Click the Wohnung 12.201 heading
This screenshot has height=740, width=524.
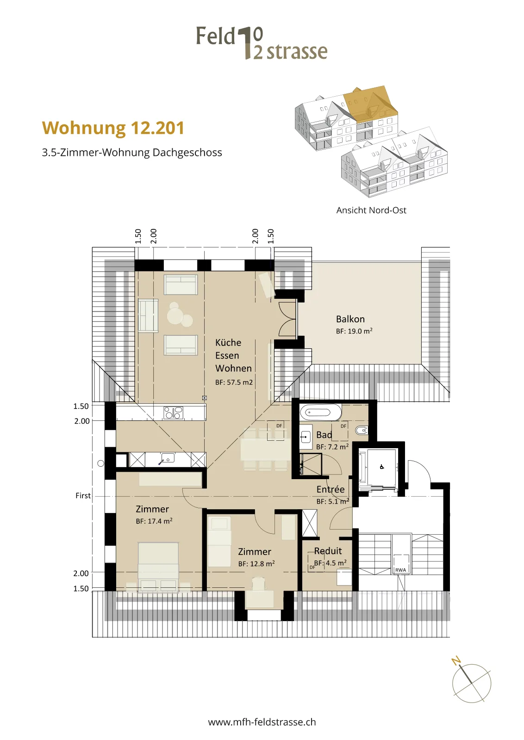point(113,128)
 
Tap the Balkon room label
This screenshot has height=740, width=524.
point(350,319)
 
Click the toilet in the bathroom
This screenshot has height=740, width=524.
point(362,430)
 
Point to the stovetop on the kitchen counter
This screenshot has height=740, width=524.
point(173,413)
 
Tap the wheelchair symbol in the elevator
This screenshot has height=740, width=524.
point(381,467)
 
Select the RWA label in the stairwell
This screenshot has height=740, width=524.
point(400,570)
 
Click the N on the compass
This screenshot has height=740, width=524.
point(456,661)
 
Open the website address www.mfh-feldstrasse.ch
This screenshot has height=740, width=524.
point(262,722)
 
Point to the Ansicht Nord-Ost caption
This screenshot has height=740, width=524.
point(371,210)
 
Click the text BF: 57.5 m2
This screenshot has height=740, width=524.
point(234,382)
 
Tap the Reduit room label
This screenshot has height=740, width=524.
point(328,551)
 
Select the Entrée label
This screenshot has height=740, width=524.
point(330,489)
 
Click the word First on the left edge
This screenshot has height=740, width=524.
point(83,495)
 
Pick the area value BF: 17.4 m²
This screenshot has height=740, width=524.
point(154,521)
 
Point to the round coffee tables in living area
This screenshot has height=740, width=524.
point(180,314)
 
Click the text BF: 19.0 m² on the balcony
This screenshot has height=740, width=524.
point(354,331)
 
